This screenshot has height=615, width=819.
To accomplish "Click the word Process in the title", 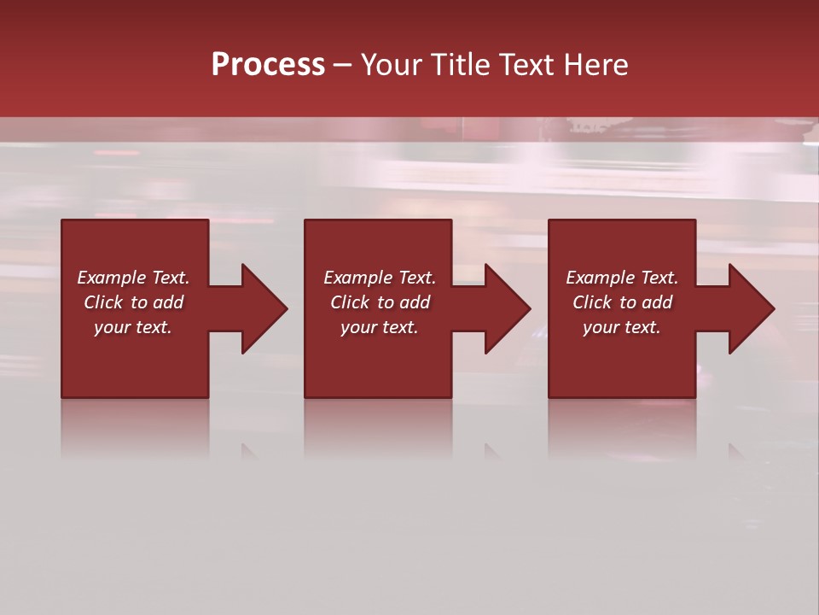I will pyautogui.click(x=268, y=65).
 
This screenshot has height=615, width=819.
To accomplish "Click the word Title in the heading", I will pyautogui.click(x=462, y=65).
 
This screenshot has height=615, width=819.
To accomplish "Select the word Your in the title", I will pyautogui.click(x=392, y=65).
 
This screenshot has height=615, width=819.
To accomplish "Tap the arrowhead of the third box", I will pyautogui.click(x=751, y=308).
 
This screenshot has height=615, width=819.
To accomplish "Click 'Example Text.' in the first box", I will pyautogui.click(x=133, y=278).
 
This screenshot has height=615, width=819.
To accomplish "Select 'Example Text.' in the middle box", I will pyautogui.click(x=380, y=278).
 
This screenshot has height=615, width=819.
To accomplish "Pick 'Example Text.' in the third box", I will pyautogui.click(x=622, y=278).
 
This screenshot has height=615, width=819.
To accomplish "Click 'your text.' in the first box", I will pyautogui.click(x=133, y=327).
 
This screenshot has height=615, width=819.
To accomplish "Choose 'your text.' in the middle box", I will pyautogui.click(x=380, y=327).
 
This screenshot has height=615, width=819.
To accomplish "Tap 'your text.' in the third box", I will pyautogui.click(x=622, y=327).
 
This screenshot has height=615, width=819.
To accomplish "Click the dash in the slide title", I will pyautogui.click(x=342, y=65).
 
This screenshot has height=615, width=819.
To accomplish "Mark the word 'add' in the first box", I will pyautogui.click(x=168, y=302).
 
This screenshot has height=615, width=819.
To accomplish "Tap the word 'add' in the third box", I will pyautogui.click(x=657, y=302).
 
